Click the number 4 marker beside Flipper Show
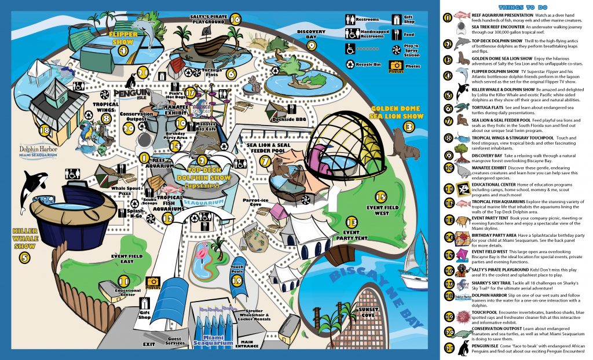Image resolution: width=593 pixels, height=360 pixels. (123, 50)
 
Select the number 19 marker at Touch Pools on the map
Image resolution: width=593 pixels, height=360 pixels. (236, 281)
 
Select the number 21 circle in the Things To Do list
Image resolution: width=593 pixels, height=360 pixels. (447, 348)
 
